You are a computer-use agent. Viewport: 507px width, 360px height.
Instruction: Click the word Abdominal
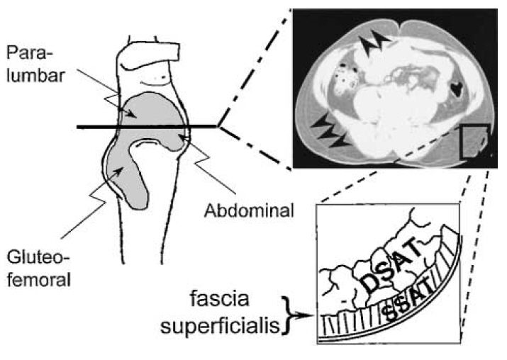coord(244,210)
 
